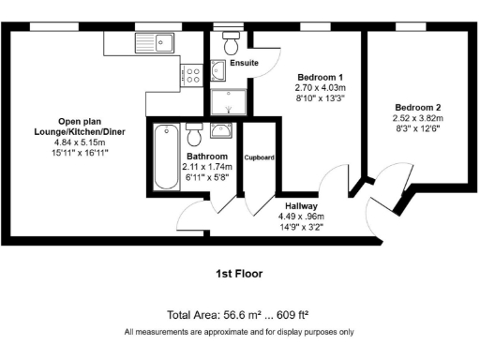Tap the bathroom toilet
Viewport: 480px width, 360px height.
point(195,133)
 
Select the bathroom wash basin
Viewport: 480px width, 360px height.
point(222,131)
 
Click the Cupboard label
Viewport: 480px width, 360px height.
point(259,157)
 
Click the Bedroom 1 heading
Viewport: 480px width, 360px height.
point(320,77)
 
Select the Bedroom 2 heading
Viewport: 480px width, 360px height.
point(418,107)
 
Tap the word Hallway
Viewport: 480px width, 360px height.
point(301,204)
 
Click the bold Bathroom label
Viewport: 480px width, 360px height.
point(206,156)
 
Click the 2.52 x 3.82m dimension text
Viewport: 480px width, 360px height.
point(418,119)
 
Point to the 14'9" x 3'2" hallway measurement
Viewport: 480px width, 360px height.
point(301,228)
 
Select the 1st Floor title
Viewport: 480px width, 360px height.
point(239,274)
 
